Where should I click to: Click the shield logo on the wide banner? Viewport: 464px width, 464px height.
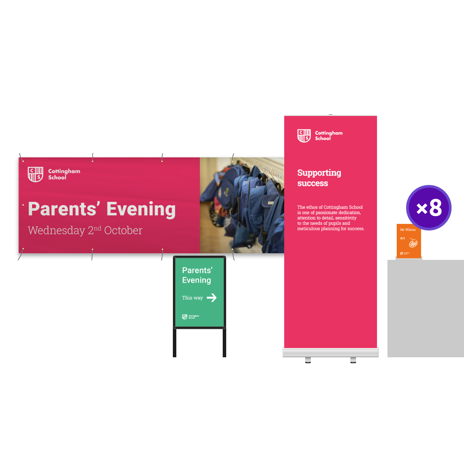(x=35, y=174)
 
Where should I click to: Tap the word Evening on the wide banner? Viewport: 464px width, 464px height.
(x=141, y=209)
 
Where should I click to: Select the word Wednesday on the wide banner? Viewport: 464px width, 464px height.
(x=56, y=230)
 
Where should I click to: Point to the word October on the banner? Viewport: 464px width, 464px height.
(x=123, y=230)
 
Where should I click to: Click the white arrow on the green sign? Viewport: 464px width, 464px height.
(x=212, y=297)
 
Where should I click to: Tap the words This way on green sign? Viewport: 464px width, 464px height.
(x=192, y=298)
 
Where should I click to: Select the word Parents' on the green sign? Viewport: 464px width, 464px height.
(x=197, y=270)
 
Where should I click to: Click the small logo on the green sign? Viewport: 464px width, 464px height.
(x=185, y=317)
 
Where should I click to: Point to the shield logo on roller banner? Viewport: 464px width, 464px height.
(x=304, y=136)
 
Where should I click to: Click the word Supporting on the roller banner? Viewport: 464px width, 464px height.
(x=319, y=172)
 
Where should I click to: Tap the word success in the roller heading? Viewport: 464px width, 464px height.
(x=312, y=183)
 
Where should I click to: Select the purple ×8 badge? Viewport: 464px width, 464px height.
(x=429, y=208)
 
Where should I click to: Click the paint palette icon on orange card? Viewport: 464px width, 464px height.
(x=413, y=243)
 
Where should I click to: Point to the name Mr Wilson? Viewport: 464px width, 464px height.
(x=408, y=230)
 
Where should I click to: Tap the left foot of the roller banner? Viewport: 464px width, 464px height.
(x=308, y=360)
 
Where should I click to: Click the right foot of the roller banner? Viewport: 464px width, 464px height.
(x=353, y=360)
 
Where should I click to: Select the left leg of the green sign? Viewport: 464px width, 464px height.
(x=175, y=343)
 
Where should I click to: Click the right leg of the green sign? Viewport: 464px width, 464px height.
(x=224, y=343)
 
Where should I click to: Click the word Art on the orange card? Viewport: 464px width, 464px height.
(x=403, y=238)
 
